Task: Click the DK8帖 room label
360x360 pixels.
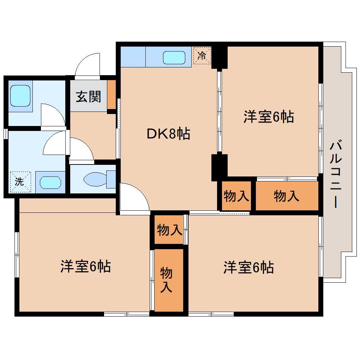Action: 168,134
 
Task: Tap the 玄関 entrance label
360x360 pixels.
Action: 89,96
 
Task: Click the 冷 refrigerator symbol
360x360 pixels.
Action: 202,56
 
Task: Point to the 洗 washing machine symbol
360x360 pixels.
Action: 20,182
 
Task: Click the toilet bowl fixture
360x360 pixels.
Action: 95,179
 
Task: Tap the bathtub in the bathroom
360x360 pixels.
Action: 20,96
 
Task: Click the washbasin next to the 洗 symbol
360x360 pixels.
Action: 50,182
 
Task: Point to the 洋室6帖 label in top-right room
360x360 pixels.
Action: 268,116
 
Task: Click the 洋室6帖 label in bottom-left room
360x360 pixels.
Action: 85,266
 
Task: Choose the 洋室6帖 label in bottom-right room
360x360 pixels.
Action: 248,268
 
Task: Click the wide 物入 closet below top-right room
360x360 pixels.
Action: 286,196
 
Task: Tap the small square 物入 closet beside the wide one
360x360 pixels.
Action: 236,196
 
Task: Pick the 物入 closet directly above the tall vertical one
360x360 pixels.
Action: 169,230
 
